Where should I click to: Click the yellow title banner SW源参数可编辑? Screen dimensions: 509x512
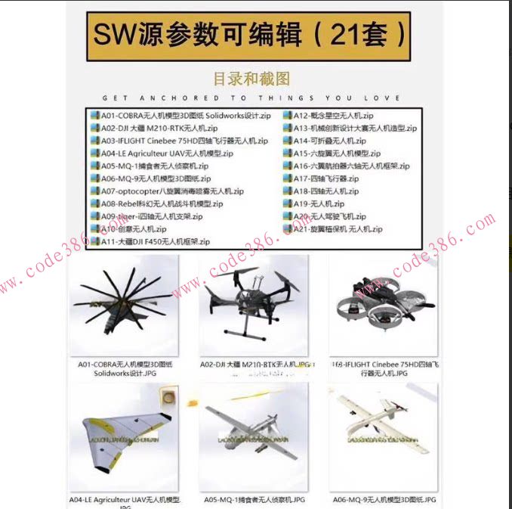click(x=250, y=34)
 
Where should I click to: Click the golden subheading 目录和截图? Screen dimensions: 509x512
click(x=251, y=78)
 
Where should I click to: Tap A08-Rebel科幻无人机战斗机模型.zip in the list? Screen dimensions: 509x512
click(x=162, y=203)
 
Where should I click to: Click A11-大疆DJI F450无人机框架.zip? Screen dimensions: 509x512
click(x=155, y=241)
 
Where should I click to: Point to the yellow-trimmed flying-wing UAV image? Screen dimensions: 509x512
click(x=123, y=436)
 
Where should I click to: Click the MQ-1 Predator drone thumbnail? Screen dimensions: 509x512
click(x=253, y=436)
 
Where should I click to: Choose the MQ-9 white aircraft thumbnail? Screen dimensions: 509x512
click(x=383, y=436)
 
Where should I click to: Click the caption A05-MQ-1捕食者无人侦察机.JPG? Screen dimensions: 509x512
click(x=254, y=500)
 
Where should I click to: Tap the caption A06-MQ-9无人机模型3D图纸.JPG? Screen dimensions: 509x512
click(x=384, y=500)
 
